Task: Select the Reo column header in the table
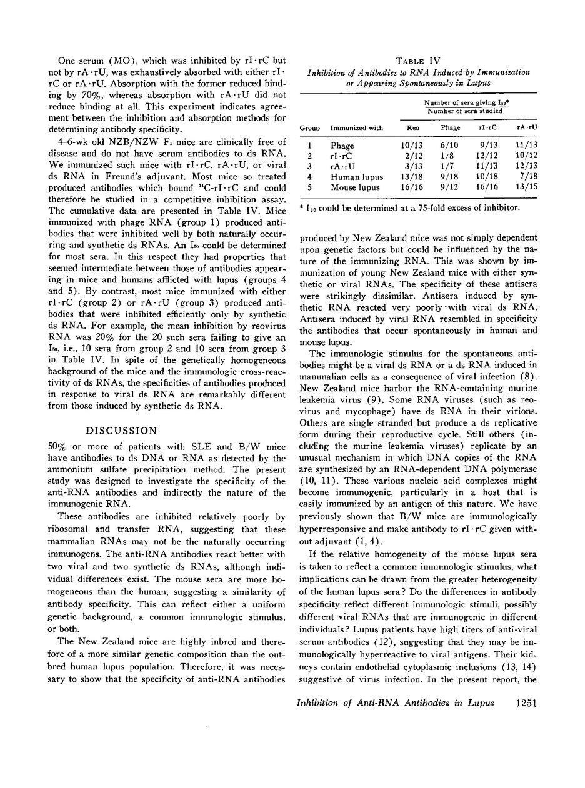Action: [x=413, y=127]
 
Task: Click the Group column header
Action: [x=310, y=127]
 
